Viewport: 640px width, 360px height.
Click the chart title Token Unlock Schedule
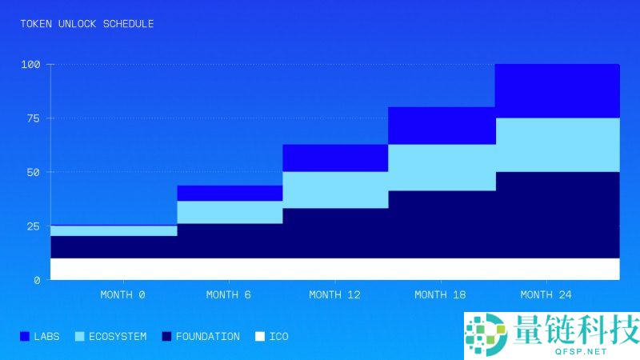[x=87, y=24]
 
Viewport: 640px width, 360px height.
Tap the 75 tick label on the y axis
[x=32, y=118]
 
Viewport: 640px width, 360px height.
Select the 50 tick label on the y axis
[x=32, y=172]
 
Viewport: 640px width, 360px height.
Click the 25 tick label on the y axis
[x=32, y=226]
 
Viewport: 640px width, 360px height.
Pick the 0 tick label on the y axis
[x=37, y=280]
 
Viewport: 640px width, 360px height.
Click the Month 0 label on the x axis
[x=122, y=294]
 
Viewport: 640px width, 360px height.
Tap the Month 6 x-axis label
[x=228, y=294]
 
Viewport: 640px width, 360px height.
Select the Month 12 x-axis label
[x=334, y=294]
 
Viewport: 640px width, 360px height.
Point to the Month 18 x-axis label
[x=441, y=294]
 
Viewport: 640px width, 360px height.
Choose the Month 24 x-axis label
[x=546, y=294]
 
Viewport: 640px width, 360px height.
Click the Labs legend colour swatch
[x=24, y=337]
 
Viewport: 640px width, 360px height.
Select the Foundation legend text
[x=207, y=337]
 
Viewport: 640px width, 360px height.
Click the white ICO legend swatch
[x=258, y=337]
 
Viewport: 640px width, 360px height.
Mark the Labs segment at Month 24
[x=558, y=90]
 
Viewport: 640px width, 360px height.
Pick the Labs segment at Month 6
[x=230, y=193]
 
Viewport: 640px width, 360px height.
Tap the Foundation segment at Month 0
[x=114, y=246]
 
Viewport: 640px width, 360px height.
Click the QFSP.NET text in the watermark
[x=574, y=350]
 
